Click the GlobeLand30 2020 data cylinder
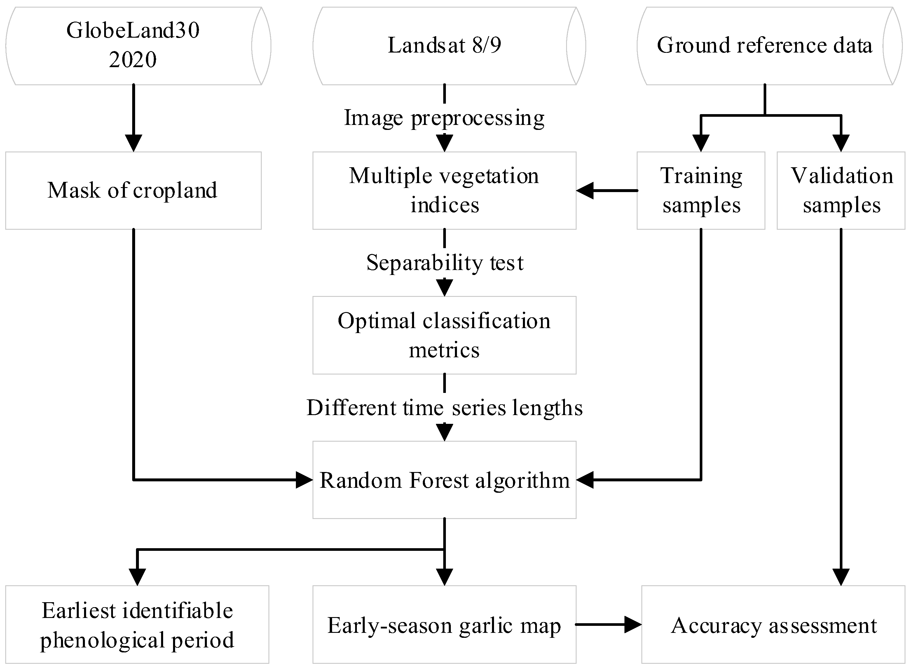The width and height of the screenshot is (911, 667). click(x=133, y=46)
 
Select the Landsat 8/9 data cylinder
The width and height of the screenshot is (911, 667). click(x=444, y=46)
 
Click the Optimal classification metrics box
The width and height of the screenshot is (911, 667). click(x=444, y=335)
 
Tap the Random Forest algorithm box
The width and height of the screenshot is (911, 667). click(x=444, y=480)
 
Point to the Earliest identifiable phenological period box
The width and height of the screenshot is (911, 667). click(x=137, y=625)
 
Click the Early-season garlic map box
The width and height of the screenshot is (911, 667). click(x=444, y=625)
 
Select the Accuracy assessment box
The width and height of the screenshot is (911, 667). click(x=773, y=625)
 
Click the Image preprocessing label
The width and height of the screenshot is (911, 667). click(x=444, y=118)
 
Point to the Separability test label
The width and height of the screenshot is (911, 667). click(x=444, y=263)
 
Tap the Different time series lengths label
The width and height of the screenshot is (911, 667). click(x=444, y=407)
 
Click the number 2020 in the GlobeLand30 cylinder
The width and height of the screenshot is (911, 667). click(x=133, y=60)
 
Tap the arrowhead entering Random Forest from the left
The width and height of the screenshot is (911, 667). click(x=304, y=480)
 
